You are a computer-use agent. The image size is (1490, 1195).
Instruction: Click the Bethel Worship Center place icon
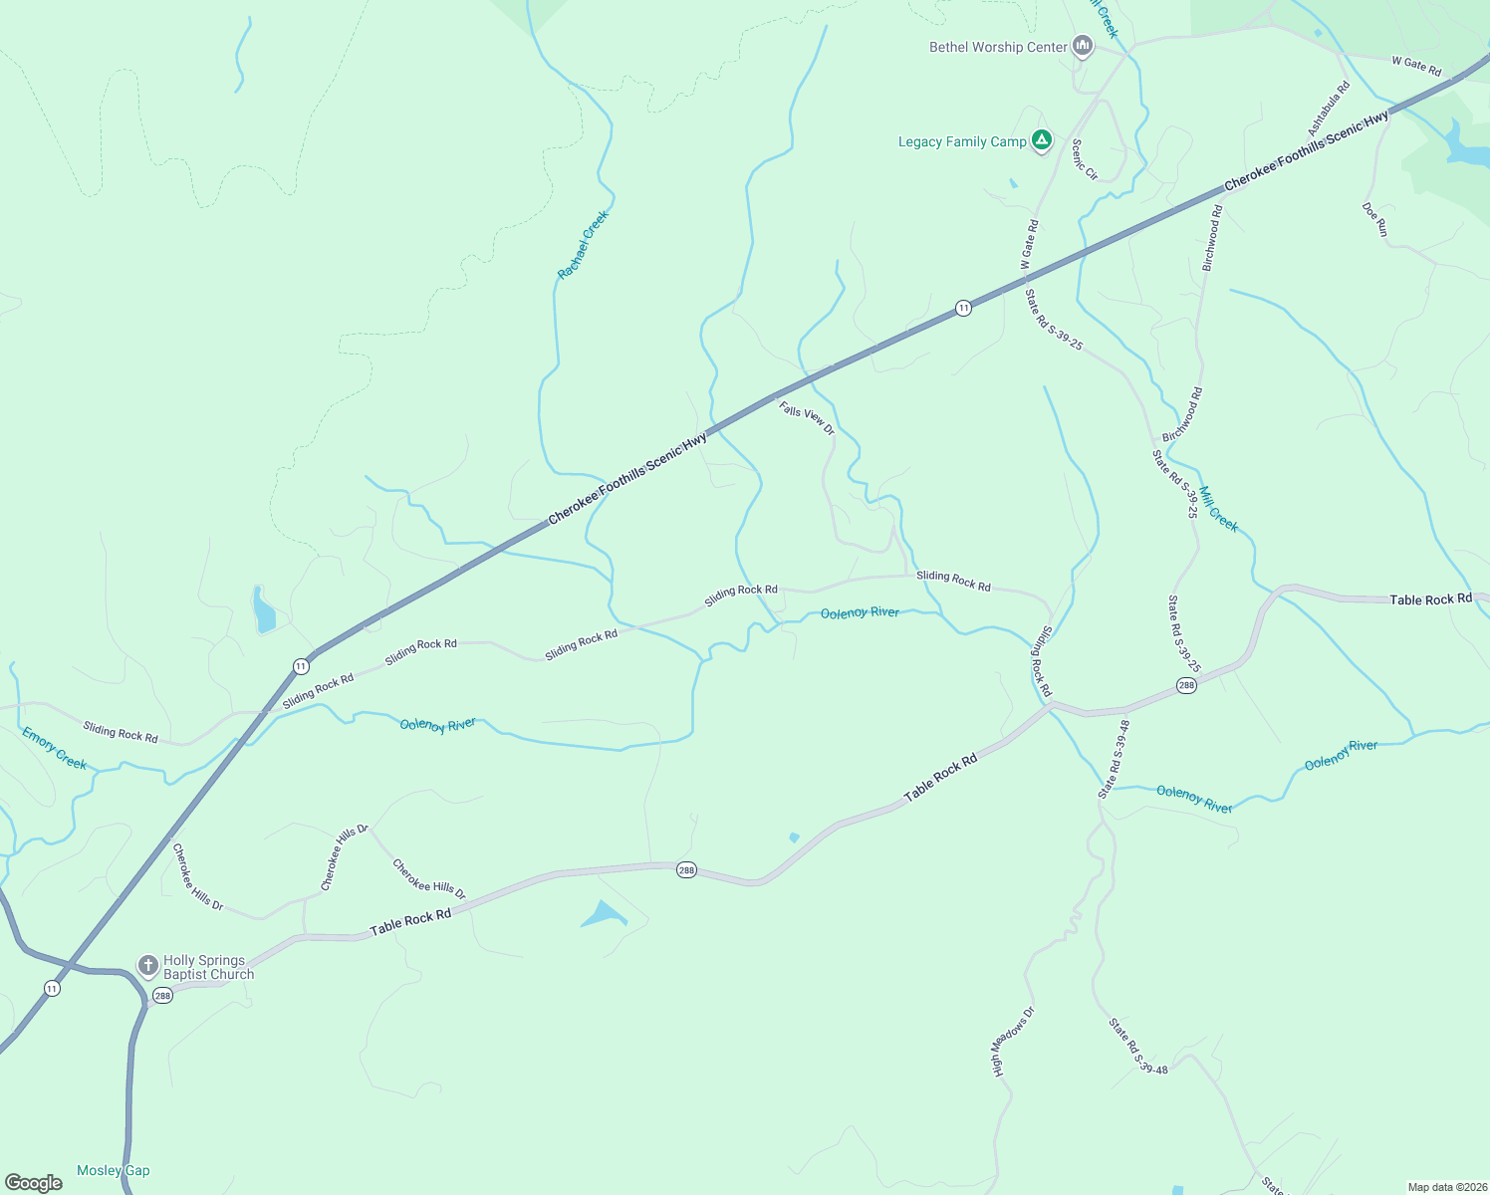[x=1083, y=46]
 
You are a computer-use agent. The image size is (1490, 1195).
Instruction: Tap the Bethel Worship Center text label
[x=998, y=47]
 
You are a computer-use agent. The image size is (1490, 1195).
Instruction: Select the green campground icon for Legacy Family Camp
[x=1041, y=140]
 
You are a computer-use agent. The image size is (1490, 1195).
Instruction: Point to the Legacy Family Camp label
[x=962, y=141]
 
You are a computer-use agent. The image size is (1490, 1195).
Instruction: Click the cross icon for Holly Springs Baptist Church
[x=147, y=966]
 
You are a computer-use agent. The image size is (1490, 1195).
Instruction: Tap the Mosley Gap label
[x=114, y=1170]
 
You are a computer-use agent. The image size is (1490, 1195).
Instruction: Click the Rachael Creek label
[x=583, y=245]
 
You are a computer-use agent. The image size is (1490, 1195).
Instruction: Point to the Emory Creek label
[x=55, y=748]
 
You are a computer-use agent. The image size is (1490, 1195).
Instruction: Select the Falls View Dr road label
[x=807, y=417]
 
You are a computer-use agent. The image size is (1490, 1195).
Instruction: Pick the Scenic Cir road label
[x=1084, y=159]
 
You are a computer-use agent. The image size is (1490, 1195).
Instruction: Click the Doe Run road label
[x=1374, y=219]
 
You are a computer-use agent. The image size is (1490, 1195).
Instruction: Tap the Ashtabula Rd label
[x=1329, y=109]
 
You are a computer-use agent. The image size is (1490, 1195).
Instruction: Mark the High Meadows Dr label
[x=1014, y=1042]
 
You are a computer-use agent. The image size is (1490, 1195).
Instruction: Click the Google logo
[x=34, y=1183]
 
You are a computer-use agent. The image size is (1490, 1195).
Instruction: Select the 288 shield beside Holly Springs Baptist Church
[x=162, y=996]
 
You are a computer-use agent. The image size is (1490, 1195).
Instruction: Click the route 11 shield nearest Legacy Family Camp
[x=963, y=309]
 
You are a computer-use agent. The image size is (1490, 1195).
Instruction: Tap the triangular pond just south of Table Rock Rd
[x=604, y=914]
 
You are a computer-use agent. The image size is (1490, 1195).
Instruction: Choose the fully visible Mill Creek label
[x=1219, y=509]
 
